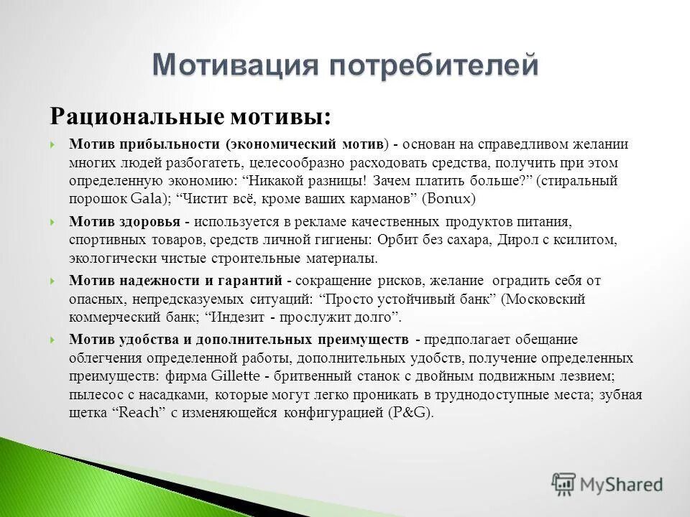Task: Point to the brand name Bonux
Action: (x=448, y=199)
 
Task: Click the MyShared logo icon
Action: (x=563, y=484)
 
